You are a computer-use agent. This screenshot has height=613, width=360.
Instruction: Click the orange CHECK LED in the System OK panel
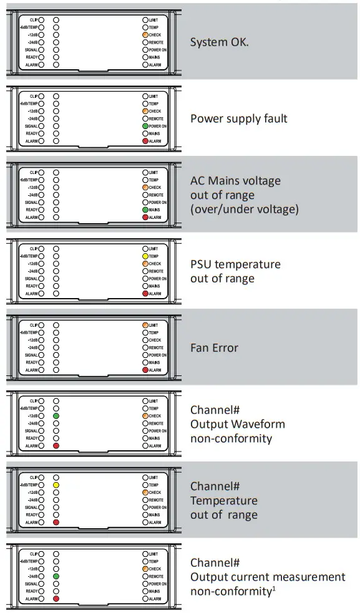[145, 35]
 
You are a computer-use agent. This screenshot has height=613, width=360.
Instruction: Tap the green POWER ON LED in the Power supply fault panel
[145, 127]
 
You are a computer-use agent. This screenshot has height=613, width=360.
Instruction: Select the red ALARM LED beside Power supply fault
[145, 142]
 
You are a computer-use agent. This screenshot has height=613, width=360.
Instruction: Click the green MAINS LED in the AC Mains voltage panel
[145, 210]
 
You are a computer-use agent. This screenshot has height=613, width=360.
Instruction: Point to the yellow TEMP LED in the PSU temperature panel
[145, 256]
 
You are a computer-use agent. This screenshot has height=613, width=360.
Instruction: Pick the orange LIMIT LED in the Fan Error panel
[145, 325]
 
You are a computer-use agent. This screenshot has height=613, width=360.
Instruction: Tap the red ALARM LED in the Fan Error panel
[145, 370]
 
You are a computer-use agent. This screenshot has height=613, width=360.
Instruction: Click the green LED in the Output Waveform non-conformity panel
[56, 416]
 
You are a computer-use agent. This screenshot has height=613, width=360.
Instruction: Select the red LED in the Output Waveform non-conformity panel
[56, 446]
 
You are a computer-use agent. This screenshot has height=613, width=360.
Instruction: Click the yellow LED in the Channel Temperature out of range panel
[56, 485]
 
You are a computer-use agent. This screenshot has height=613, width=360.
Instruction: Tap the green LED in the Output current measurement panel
[56, 576]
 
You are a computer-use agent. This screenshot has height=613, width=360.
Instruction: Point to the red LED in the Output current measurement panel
[56, 599]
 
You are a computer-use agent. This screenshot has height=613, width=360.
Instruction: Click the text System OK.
[220, 43]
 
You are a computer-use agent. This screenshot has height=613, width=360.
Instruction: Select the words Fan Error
[214, 347]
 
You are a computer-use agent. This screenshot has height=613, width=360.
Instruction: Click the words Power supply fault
[238, 118]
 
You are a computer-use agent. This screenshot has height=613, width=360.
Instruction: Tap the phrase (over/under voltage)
[245, 210]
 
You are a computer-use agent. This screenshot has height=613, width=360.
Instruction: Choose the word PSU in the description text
[202, 264]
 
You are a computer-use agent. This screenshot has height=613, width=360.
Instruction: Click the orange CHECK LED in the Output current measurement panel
[145, 569]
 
